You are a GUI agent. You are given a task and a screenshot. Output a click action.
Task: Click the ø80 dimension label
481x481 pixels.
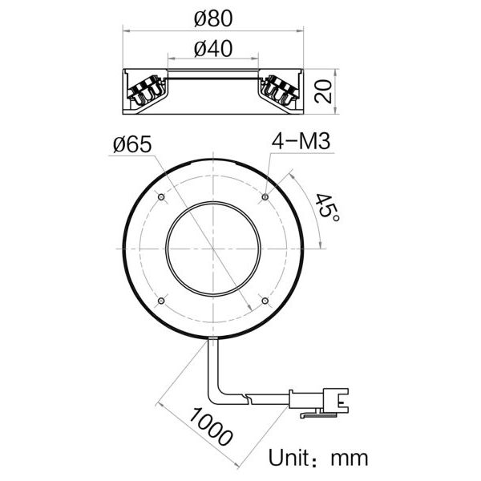[x=213, y=18]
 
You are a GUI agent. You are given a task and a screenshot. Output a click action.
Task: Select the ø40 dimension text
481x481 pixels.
[x=213, y=49]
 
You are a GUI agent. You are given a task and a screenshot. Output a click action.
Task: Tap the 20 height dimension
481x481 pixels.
[x=323, y=91]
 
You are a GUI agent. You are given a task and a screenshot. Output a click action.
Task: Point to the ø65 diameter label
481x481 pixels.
[x=132, y=144]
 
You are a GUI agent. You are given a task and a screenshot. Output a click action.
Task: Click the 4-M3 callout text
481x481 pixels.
[x=301, y=142]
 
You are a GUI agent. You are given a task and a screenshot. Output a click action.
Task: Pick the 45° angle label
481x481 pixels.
[x=327, y=208]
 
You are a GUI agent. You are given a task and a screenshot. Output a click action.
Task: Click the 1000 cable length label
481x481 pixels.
[x=210, y=426]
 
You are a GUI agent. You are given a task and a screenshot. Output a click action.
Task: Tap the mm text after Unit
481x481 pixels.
[x=350, y=459]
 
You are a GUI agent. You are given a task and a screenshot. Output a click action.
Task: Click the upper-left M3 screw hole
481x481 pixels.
[x=161, y=196]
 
